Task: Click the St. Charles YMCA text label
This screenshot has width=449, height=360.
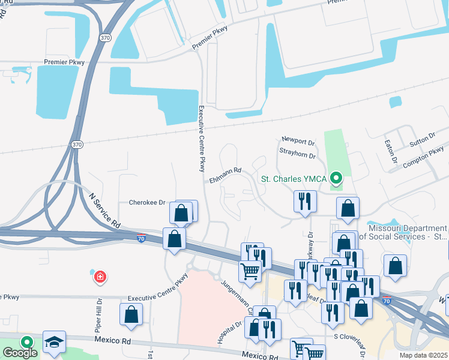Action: [x=294, y=178]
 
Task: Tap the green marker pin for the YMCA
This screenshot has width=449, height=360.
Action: [x=337, y=178]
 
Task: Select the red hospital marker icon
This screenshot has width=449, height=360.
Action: [x=100, y=277]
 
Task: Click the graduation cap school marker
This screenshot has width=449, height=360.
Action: [x=54, y=342]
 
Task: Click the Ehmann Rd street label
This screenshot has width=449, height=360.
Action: [x=225, y=171]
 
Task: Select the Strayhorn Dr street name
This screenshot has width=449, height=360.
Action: [x=297, y=155]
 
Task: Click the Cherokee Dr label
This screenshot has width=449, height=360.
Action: [x=147, y=202]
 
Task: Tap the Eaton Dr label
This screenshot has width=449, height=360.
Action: [x=394, y=152]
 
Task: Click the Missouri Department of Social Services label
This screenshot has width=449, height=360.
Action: [x=408, y=232]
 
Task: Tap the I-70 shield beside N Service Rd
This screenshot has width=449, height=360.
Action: [x=142, y=237]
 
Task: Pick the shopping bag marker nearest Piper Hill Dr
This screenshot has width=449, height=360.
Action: [x=131, y=314]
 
